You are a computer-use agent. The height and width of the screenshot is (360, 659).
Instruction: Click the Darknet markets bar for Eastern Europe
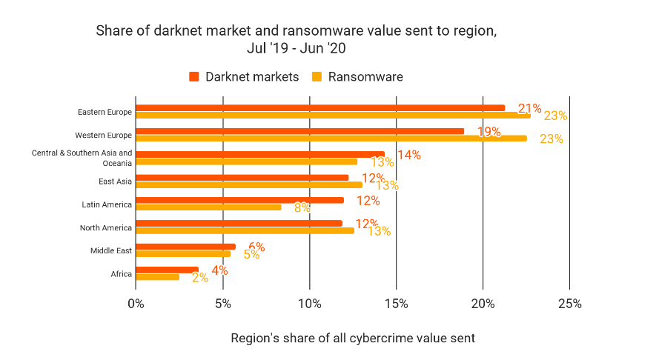point(320,108)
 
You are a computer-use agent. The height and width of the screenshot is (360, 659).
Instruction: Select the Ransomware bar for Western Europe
point(331,138)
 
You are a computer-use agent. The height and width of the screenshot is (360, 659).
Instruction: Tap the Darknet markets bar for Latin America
point(239,200)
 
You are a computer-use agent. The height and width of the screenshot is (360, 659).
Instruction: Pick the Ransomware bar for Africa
point(157,277)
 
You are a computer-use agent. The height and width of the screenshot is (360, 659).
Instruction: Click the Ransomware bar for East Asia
point(249,184)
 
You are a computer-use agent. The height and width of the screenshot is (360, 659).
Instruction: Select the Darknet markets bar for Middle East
point(185,247)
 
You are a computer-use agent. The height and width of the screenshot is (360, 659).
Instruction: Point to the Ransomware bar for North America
point(245,230)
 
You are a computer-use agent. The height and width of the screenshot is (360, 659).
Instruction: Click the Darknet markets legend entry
point(244,77)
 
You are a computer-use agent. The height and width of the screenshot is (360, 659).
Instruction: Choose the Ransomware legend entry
point(358,77)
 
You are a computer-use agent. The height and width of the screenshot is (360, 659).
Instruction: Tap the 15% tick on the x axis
point(396,304)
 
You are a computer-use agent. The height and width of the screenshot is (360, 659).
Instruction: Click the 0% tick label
point(136,304)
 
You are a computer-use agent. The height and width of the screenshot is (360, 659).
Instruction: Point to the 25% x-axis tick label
point(569,304)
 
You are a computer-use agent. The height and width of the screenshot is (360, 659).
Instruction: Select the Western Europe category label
point(103,136)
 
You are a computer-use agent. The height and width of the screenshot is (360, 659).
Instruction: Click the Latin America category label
point(107,204)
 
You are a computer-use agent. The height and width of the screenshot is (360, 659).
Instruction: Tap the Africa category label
point(121,274)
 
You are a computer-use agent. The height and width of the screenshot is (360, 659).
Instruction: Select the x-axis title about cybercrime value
point(352,339)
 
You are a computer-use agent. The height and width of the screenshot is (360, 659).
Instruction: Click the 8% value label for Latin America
point(302,207)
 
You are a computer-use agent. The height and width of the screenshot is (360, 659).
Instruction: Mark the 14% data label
point(409,155)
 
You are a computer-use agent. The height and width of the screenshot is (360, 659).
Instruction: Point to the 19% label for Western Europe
point(489,132)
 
